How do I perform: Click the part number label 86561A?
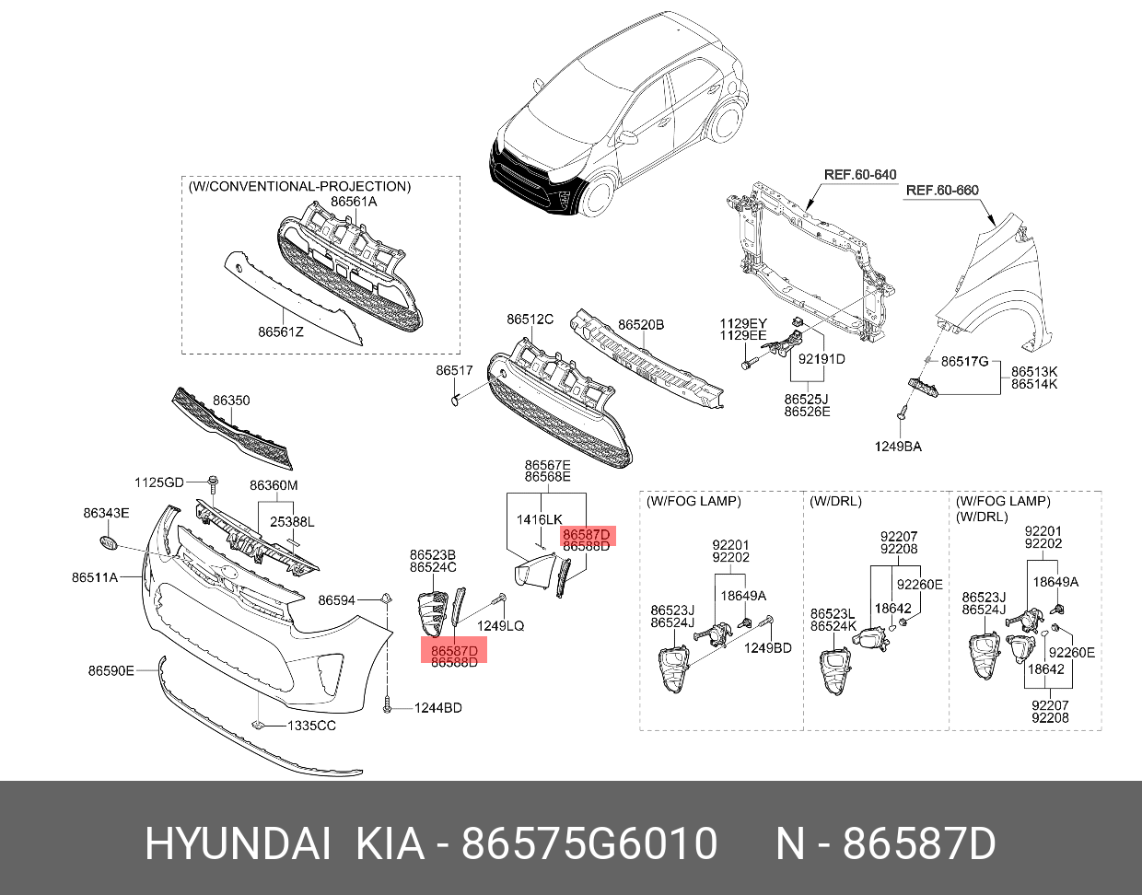(x=354, y=202)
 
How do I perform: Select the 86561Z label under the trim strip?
(x=280, y=331)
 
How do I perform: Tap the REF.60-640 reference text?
(x=859, y=174)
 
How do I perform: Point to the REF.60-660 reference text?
(x=942, y=191)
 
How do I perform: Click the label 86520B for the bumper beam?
(x=641, y=325)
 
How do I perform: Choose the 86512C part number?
(x=530, y=320)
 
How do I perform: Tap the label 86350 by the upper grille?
(x=231, y=401)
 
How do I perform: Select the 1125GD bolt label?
(x=159, y=482)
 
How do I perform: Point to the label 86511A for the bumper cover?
(x=95, y=577)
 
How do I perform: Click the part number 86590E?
(x=111, y=670)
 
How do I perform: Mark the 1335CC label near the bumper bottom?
(x=311, y=726)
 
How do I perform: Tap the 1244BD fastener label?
(x=437, y=708)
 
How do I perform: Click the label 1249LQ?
(x=500, y=626)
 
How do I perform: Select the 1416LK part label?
(x=539, y=519)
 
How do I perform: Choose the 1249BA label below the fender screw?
(x=897, y=447)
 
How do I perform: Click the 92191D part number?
(x=822, y=359)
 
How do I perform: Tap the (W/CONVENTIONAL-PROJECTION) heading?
(x=299, y=186)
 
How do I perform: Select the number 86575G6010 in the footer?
(x=588, y=843)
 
